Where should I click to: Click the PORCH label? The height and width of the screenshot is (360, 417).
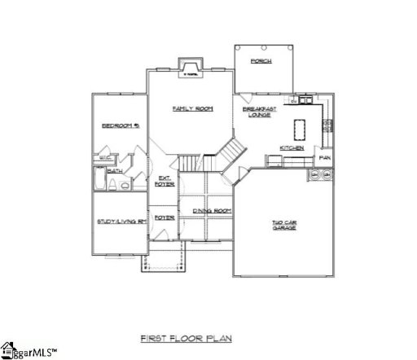click(x=261, y=61)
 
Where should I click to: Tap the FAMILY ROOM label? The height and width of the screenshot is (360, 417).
click(x=193, y=108)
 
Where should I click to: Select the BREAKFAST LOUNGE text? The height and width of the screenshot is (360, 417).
click(x=260, y=112)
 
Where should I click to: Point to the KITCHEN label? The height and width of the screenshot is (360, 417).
click(x=292, y=147)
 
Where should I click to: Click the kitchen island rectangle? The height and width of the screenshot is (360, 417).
click(x=298, y=128)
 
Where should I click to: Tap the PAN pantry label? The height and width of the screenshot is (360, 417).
click(x=325, y=157)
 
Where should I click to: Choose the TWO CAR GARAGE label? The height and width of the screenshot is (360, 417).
click(x=283, y=225)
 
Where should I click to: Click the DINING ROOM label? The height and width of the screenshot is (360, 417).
click(x=212, y=211)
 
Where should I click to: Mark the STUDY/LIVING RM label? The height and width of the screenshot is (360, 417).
click(x=120, y=222)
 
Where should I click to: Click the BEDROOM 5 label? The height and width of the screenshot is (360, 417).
click(x=119, y=125)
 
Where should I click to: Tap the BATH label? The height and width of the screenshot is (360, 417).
click(x=116, y=171)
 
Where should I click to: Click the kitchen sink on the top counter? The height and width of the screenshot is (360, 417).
click(x=305, y=101)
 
